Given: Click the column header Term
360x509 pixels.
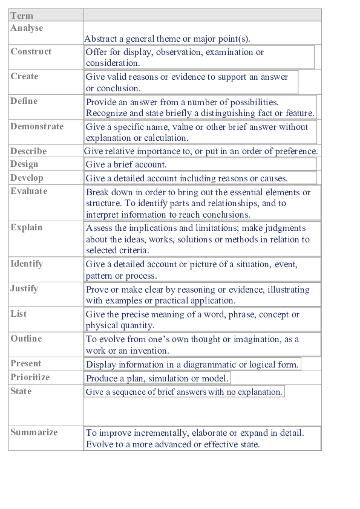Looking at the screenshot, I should (x=22, y=16).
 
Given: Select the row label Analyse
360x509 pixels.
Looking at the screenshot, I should (x=27, y=28).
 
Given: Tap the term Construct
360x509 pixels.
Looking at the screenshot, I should (x=31, y=52).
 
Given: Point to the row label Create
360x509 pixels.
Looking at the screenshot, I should (x=24, y=77).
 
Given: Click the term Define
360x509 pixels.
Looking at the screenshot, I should (x=24, y=102).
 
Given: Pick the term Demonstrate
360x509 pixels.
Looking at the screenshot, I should (x=37, y=127).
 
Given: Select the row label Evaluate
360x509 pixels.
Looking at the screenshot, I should (x=28, y=192).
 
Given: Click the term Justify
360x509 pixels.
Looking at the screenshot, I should (x=24, y=289).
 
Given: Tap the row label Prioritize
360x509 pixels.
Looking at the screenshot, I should (x=30, y=377).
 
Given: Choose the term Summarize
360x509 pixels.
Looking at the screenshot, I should (x=34, y=433).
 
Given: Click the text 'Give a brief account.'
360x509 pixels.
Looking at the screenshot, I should (x=126, y=164).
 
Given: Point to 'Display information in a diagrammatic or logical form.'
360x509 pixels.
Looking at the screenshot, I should (x=192, y=365).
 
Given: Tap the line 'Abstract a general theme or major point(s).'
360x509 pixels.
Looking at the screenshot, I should (x=167, y=39).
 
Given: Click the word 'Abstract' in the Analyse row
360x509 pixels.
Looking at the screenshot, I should (x=100, y=39).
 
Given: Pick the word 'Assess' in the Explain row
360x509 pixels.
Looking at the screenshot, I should (x=99, y=229).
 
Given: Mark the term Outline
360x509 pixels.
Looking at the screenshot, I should (x=26, y=339).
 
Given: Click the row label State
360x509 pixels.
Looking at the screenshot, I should (x=21, y=392).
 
